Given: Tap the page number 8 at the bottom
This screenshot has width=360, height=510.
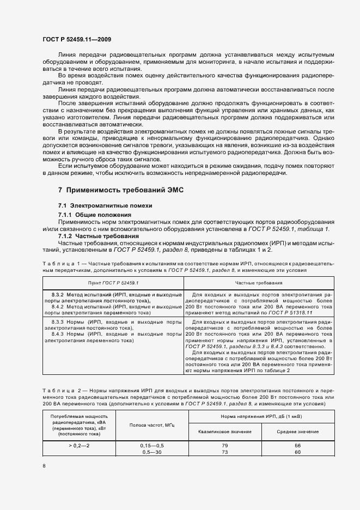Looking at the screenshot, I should [44, 465].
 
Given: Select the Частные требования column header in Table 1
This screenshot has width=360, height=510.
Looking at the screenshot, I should [251, 283].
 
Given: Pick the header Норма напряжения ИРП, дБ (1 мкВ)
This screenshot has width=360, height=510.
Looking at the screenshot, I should [254, 416].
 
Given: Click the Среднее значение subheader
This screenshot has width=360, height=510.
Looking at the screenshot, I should [297, 432].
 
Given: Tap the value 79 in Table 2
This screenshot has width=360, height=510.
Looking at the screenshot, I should [225, 445].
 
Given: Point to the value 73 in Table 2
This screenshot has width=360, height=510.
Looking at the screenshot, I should [225, 452].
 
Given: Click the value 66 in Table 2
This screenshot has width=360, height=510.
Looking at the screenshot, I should [297, 445].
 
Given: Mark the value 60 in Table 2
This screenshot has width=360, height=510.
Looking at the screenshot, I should [297, 452].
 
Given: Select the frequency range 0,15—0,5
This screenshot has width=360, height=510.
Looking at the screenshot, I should [152, 445].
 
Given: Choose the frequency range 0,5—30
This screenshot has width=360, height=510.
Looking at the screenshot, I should [152, 452].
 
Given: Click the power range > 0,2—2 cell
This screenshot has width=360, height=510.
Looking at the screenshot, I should [79, 445].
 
